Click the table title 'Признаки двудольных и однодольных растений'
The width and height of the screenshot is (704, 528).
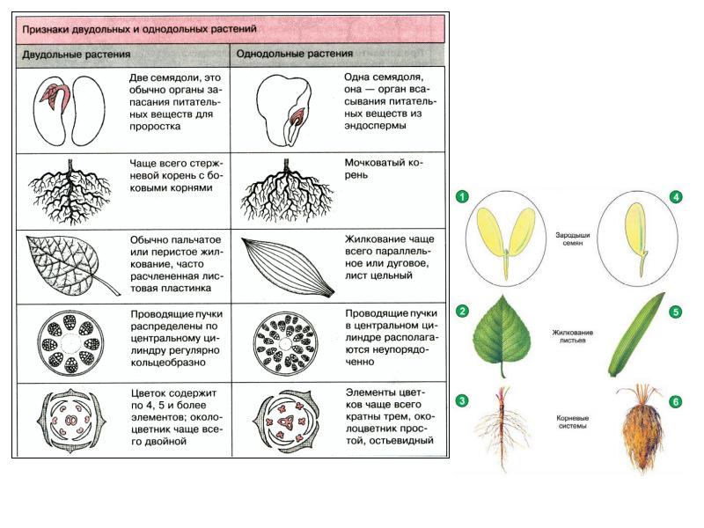coord(139,29)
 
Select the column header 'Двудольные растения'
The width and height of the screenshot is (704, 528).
coord(77,55)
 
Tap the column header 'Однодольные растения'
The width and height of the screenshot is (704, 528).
coord(295,54)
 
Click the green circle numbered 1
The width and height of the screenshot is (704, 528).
coord(462,196)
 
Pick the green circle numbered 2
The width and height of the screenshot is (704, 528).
coord(462,312)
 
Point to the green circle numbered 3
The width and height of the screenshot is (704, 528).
coord(462,400)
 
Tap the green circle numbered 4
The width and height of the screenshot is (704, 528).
coord(676,196)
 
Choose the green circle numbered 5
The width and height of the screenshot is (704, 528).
coord(676,312)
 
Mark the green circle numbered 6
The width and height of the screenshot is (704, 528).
coord(676,401)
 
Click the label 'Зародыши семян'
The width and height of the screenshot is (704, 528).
coord(573,238)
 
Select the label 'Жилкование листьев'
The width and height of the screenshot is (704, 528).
coord(573,336)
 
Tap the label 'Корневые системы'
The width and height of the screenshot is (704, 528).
coord(573,422)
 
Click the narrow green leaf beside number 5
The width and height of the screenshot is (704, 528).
coord(636,334)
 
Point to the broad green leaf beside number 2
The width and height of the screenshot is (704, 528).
coord(502,334)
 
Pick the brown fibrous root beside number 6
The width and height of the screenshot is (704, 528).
coord(641,429)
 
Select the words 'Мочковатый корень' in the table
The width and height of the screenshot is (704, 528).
coord(384,168)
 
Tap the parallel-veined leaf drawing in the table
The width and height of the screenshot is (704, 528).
coord(288,268)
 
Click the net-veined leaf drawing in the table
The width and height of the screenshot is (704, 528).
coord(72,266)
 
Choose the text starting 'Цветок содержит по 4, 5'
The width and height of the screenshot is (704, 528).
coord(177,417)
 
